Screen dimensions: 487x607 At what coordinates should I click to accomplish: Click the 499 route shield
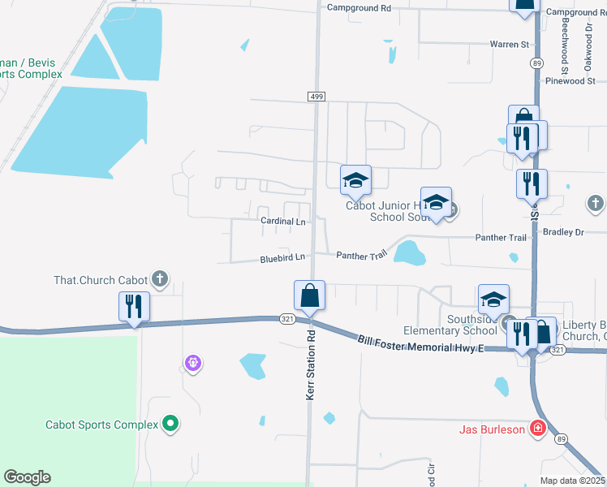(x=316, y=97)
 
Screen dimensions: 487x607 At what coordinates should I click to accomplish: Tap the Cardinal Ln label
(x=282, y=221)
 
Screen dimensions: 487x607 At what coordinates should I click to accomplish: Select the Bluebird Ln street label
(x=282, y=257)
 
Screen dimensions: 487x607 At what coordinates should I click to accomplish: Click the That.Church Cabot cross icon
(x=161, y=280)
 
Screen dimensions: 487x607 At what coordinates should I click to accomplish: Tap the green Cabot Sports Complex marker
(x=170, y=424)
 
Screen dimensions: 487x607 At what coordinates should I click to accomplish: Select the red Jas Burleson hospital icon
(x=537, y=429)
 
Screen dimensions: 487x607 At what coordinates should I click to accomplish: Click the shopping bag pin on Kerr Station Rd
(x=310, y=295)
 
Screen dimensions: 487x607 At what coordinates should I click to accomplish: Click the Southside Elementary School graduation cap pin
(x=493, y=300)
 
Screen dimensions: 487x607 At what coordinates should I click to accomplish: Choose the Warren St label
(x=509, y=44)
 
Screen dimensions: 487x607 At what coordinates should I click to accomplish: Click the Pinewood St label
(x=570, y=81)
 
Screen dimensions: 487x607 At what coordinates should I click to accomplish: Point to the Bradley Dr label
(x=564, y=232)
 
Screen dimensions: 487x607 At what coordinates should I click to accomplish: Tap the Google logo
(x=27, y=477)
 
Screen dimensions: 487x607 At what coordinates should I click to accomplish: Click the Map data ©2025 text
(x=572, y=481)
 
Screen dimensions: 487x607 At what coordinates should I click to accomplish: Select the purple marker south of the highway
(x=192, y=362)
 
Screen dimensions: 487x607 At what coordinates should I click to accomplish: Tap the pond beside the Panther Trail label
(x=409, y=253)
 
